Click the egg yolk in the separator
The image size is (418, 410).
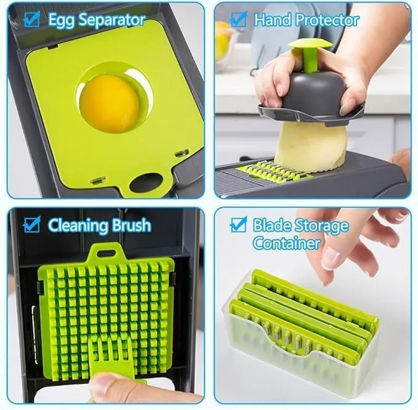coord(110,103)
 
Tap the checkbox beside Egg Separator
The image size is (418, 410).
coord(32,18)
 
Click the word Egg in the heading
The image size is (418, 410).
coord(62,20)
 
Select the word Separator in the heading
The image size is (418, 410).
coord(112,20)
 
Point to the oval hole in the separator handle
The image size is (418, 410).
coord(146,183)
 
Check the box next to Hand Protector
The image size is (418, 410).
coord(239,18)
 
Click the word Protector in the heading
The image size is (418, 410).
coord(328,20)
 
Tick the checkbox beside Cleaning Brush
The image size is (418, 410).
coord(32,224)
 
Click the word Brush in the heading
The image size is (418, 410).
coord(131,225)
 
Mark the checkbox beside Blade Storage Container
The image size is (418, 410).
coord(239,225)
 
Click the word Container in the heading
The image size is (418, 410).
coord(287,243)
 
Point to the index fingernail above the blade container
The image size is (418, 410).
coord(331,258)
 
